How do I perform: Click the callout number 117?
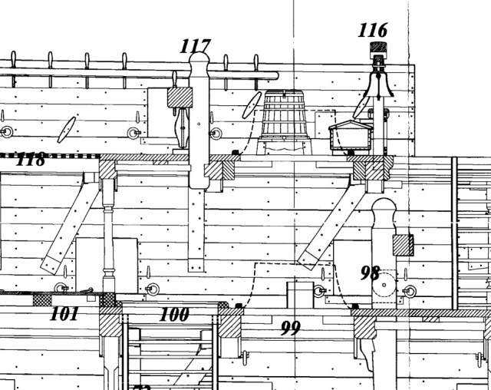tap(195, 46)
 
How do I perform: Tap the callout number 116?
tap(372, 31)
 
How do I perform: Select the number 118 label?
tap(29, 160)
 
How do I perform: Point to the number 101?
tap(64, 313)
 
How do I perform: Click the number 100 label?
tap(174, 314)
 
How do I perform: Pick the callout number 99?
tap(290, 329)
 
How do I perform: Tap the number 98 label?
tap(371, 273)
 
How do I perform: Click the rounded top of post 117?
tap(199, 64)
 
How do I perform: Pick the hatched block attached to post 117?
tap(179, 97)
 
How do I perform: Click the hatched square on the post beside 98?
tap(403, 245)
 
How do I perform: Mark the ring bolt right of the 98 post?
tap(410, 291)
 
